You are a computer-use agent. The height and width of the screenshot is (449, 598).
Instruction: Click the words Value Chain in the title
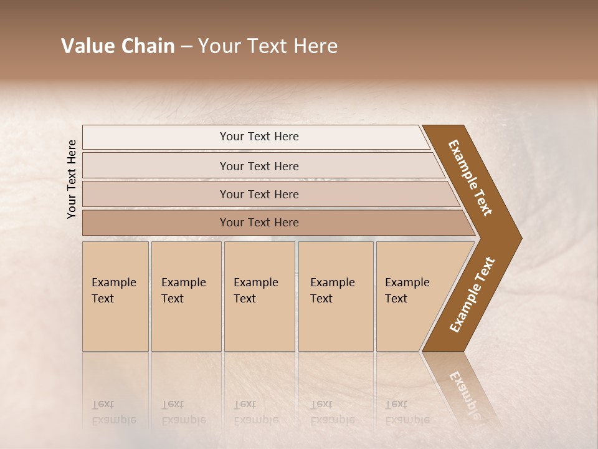(118, 46)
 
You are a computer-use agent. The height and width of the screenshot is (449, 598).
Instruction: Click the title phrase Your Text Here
(268, 46)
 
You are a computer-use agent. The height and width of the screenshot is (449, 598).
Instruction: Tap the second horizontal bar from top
(259, 166)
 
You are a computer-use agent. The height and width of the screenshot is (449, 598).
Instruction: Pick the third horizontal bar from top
(259, 194)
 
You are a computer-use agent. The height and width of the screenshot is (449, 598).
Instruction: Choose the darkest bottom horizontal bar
(259, 223)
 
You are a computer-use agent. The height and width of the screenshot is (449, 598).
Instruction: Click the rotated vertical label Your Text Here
(72, 180)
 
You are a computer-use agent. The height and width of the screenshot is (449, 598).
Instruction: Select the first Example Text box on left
(115, 296)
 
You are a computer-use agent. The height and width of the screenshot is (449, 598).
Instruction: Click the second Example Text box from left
(186, 296)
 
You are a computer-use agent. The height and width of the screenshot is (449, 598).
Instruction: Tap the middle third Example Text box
(259, 296)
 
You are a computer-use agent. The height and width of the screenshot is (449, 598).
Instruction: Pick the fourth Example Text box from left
(335, 296)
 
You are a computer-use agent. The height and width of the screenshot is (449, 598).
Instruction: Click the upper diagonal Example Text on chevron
(470, 178)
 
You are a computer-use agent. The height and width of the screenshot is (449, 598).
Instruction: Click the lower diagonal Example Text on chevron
(472, 294)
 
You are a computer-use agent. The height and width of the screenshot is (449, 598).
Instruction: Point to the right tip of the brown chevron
(520, 238)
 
